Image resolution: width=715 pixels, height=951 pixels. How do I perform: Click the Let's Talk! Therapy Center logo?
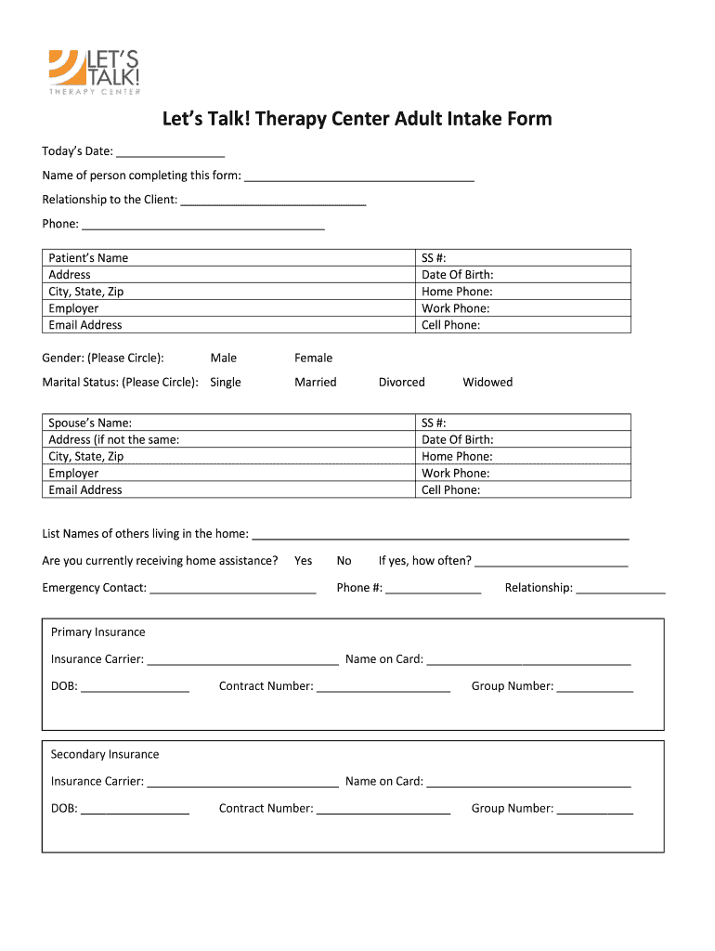coord(95,72)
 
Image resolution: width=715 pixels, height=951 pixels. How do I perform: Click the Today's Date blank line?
coord(171,152)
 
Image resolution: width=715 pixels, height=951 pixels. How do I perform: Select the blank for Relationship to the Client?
coord(273,200)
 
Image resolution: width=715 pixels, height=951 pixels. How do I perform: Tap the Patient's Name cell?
coord(88,258)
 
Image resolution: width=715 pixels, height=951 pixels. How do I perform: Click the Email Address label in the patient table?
coord(85,325)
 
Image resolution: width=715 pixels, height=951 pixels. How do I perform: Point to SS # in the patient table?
coord(435,258)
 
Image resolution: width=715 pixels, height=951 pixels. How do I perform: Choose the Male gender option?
coord(224,358)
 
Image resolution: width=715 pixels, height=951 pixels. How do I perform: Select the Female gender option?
coord(313,358)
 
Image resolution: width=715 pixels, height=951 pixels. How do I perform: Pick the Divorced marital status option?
coord(401,383)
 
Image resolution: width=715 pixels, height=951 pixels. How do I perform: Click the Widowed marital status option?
coord(487,383)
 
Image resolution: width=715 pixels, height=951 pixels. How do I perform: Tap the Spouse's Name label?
coord(90,423)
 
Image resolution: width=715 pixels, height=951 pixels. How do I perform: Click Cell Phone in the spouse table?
coord(450,490)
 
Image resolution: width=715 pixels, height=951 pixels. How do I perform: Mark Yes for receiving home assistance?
coord(304,561)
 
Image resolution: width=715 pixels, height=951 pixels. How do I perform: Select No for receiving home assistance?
coord(344,561)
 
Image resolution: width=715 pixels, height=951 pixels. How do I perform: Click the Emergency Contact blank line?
coord(232,589)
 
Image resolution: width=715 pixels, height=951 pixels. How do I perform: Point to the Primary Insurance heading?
coord(98,632)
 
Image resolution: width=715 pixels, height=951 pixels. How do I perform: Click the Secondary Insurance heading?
coord(105,755)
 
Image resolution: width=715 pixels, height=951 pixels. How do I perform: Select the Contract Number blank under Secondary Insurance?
coord(383,810)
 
